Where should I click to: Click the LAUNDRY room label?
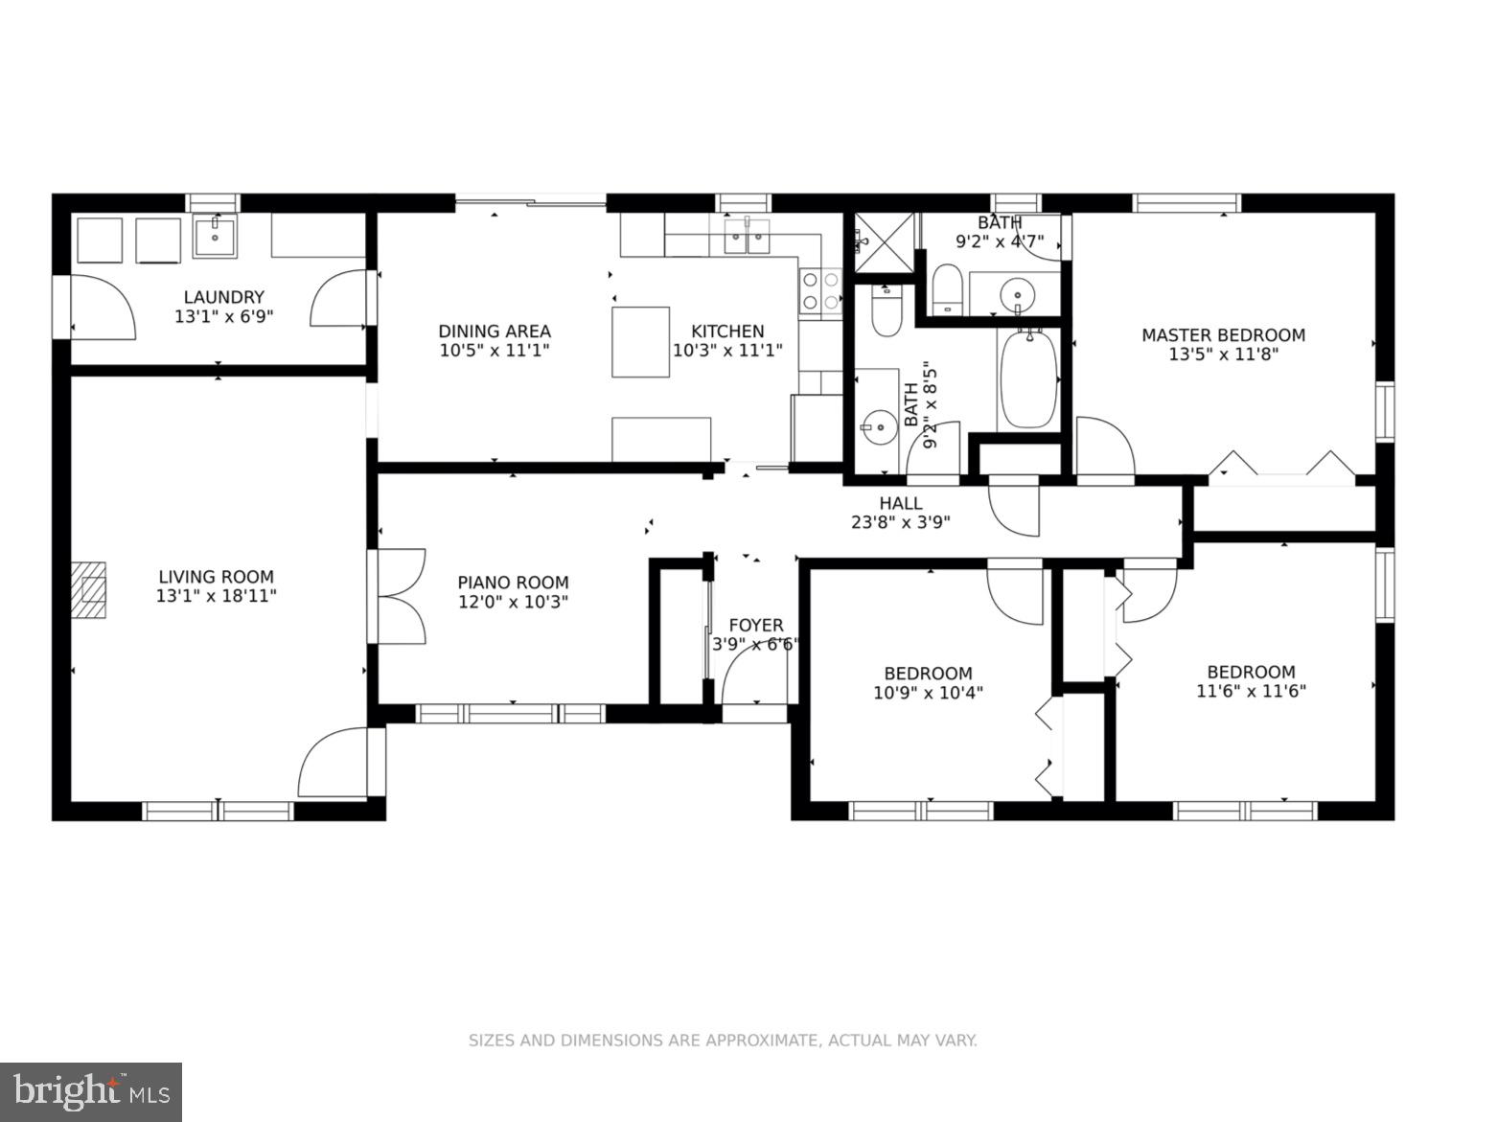tap(223, 297)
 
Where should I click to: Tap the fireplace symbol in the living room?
tap(89, 589)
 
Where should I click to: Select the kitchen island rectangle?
tap(639, 341)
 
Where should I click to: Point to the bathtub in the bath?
tap(1028, 379)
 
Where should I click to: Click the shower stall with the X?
tap(884, 242)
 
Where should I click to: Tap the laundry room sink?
tap(215, 236)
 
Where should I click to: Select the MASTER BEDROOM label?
tap(1224, 335)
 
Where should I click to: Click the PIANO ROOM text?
tap(513, 583)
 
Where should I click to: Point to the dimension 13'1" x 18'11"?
tap(217, 596)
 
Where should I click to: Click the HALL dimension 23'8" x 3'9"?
tap(900, 522)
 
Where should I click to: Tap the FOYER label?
tap(755, 625)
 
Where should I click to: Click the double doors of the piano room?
tap(401, 596)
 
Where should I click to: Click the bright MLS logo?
tap(91, 1092)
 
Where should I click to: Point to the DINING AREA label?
tap(495, 332)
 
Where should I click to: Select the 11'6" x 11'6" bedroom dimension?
tap(1251, 691)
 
